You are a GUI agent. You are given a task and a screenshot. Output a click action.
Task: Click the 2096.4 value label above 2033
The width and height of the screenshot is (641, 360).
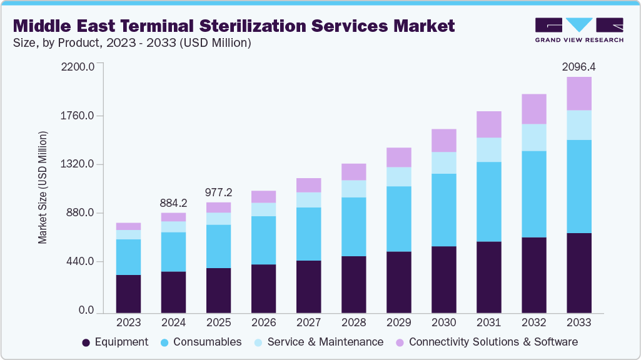pyautogui.click(x=578, y=67)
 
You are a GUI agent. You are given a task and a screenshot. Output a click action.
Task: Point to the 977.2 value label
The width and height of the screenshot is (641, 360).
pyautogui.click(x=218, y=192)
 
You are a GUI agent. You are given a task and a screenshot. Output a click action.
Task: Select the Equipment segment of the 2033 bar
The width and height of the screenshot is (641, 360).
pyautogui.click(x=578, y=272)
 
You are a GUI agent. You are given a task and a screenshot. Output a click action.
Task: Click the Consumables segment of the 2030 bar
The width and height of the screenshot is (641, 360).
pyautogui.click(x=443, y=210)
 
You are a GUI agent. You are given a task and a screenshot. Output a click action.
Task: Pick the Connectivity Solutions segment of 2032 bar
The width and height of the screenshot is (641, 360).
pyautogui.click(x=533, y=109)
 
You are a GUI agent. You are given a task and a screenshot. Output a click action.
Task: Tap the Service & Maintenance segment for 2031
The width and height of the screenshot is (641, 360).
pyautogui.click(x=488, y=150)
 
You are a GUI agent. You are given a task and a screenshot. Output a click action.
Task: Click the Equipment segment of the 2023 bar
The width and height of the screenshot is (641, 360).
pyautogui.click(x=128, y=294)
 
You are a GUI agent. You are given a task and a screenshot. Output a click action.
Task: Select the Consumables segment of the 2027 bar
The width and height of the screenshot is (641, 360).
pyautogui.click(x=308, y=234)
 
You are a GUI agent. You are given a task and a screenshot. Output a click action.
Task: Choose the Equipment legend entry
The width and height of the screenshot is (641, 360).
pyautogui.click(x=115, y=342)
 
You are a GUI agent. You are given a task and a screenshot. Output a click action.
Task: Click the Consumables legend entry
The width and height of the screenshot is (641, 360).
pyautogui.click(x=201, y=342)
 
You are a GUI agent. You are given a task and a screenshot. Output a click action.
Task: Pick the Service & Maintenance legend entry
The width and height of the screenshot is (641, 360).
pyautogui.click(x=319, y=342)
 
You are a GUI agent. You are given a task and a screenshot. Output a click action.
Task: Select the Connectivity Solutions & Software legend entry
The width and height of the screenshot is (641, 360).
pyautogui.click(x=487, y=342)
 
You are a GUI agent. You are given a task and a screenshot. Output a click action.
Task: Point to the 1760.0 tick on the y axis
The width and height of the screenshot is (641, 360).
pyautogui.click(x=78, y=116)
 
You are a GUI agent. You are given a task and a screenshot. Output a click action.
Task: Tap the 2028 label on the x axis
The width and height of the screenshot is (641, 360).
pyautogui.click(x=353, y=323)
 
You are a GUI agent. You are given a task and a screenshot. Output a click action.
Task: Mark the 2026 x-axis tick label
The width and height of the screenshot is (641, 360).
pyautogui.click(x=263, y=323)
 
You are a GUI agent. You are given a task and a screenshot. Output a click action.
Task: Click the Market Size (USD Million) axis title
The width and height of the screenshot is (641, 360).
pyautogui.click(x=43, y=187)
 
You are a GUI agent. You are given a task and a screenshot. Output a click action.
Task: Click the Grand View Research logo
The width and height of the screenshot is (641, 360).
pyautogui.click(x=579, y=30)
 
